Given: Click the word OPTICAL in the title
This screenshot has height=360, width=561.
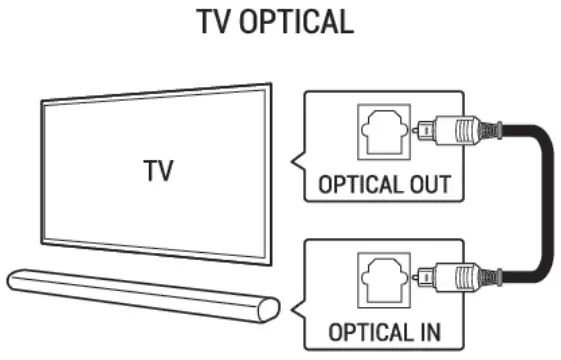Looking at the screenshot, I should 300,22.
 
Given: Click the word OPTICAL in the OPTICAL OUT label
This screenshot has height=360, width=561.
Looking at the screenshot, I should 355,186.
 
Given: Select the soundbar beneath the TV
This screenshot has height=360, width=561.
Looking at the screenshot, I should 140,293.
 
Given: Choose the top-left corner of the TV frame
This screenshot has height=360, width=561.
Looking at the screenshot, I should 41,101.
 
